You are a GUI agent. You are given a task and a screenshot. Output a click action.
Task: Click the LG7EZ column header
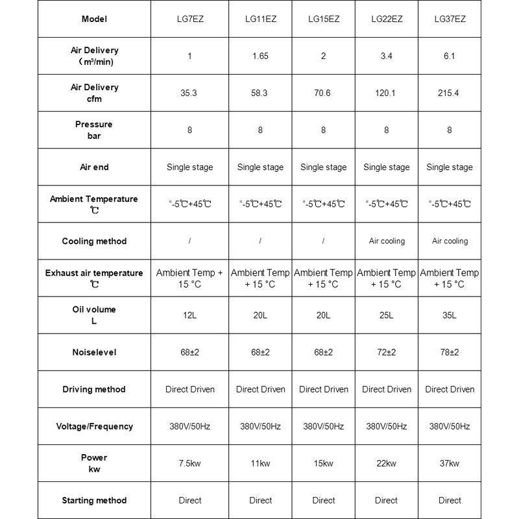189,19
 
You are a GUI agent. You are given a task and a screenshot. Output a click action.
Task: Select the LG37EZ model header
450,19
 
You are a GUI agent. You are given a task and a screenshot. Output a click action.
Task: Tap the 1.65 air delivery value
260,56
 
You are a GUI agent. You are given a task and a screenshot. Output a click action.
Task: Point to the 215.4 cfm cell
450,93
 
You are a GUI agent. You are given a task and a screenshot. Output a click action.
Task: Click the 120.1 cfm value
386,93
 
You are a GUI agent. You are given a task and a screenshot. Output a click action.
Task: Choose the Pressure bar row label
94,130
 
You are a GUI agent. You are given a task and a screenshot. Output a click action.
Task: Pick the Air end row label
94,167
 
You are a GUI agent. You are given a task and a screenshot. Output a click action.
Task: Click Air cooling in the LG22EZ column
387,241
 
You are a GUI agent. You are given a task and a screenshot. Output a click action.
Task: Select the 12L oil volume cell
189,315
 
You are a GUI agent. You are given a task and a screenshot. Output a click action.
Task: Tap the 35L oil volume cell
450,315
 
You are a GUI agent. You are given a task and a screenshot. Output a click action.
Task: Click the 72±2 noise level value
386,352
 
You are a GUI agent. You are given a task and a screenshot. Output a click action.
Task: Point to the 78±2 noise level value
450,352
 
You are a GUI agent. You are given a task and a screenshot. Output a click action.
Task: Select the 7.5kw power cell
189,463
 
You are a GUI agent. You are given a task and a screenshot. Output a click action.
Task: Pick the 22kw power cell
386,463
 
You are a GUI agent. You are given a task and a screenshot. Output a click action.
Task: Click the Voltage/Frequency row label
94,426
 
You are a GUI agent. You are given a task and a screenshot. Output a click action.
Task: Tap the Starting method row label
94,500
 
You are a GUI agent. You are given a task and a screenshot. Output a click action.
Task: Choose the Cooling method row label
94,241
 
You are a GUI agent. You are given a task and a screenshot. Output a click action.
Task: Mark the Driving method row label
94,389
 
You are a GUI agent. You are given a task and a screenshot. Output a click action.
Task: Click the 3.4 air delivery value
386,56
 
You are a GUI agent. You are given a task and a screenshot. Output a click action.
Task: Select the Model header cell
94,19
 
